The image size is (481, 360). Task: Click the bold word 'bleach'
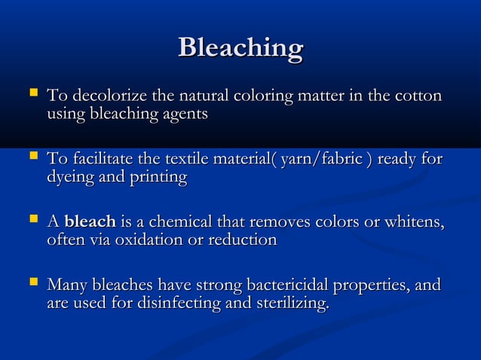pyautogui.click(x=90, y=222)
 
